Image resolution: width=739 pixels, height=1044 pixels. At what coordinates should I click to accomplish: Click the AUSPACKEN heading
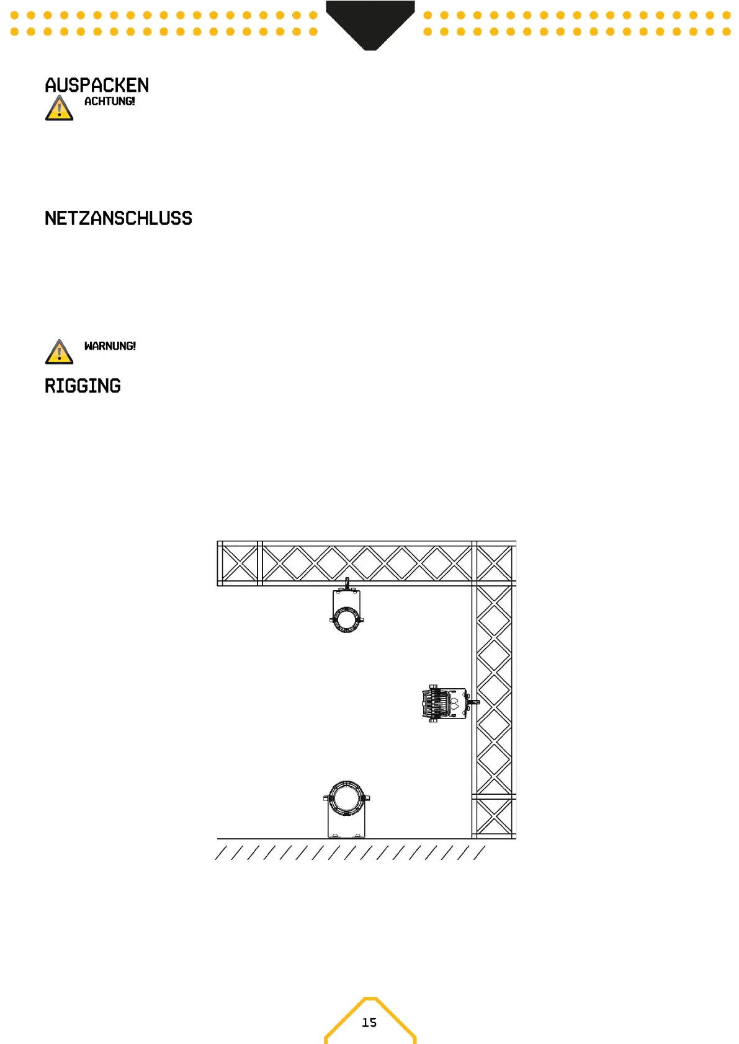point(97,85)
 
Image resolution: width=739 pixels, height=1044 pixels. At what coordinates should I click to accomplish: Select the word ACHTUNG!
point(109,101)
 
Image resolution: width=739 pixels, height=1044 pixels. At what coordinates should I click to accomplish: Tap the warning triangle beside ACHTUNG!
point(59,108)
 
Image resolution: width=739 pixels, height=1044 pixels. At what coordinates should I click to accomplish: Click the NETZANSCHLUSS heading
point(118,218)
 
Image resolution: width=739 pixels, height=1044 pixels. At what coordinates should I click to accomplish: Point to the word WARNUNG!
point(110,346)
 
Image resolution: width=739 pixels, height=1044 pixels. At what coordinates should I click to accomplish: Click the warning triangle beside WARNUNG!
point(59,352)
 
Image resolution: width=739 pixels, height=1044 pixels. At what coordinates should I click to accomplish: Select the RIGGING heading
point(83,386)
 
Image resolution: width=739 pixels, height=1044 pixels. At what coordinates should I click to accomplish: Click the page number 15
point(369,1022)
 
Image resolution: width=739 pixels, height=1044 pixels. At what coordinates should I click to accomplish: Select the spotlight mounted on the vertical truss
point(445,704)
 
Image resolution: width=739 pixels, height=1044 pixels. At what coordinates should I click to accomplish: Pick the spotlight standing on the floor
point(346,809)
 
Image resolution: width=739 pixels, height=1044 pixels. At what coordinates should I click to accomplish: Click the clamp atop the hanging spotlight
point(347,583)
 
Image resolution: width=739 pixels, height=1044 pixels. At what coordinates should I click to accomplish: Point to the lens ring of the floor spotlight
point(346,798)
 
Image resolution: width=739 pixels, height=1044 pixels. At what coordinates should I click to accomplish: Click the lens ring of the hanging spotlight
point(346,619)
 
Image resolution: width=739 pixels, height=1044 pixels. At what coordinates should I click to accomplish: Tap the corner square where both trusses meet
point(494,563)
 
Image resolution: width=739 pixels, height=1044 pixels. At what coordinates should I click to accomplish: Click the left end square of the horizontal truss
point(239,563)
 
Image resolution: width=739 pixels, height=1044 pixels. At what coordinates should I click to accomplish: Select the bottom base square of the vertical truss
point(494,816)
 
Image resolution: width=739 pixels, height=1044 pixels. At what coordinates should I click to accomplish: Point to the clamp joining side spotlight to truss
point(473,702)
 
